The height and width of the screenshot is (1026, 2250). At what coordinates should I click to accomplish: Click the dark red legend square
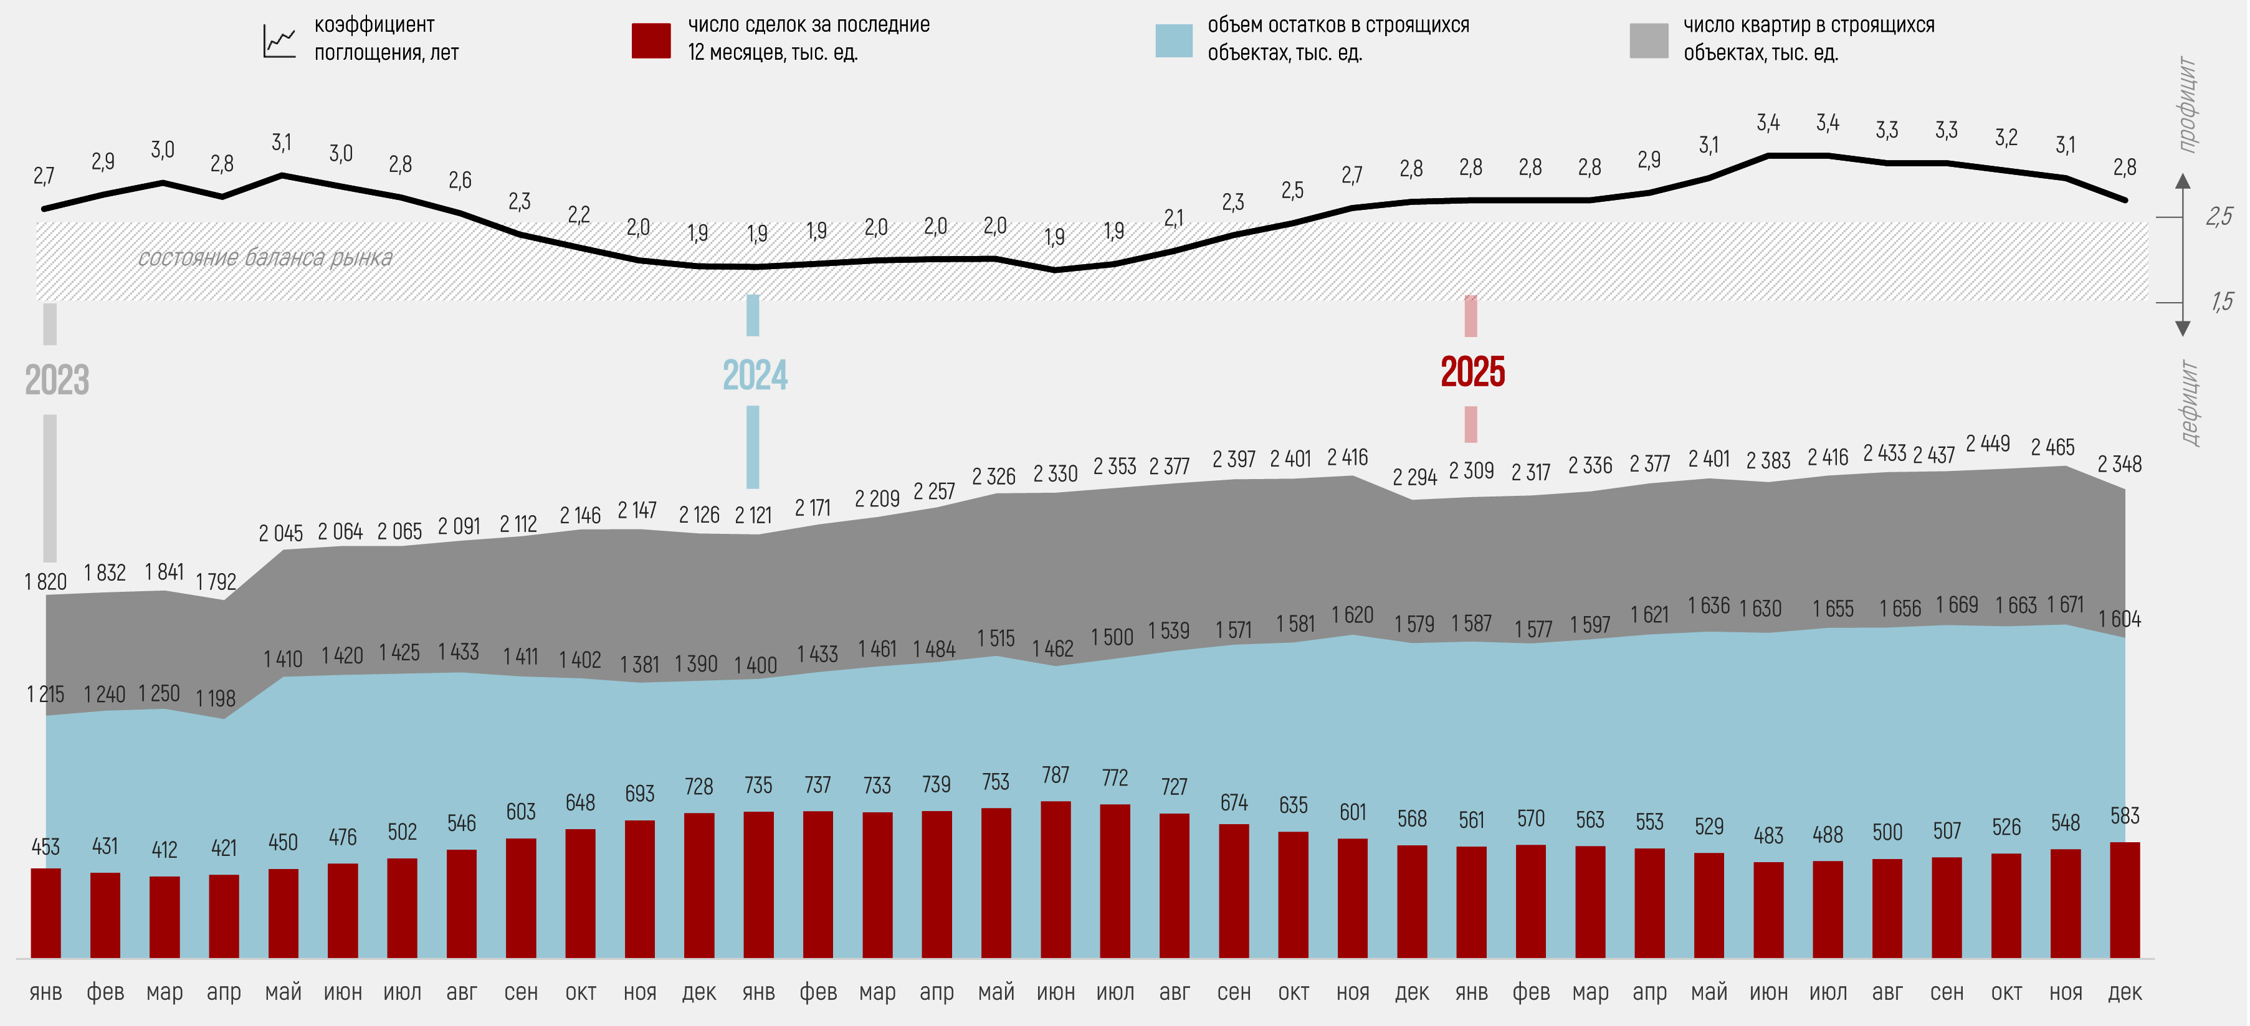point(651,40)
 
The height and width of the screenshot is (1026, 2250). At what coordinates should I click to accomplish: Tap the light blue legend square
point(1173,40)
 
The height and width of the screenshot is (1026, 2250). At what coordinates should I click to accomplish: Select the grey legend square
point(1648,40)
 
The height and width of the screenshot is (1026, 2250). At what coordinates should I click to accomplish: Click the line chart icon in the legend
point(280,41)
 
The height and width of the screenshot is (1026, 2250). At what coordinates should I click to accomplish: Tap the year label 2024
point(755,376)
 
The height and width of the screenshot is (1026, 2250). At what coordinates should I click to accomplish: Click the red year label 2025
point(1472,372)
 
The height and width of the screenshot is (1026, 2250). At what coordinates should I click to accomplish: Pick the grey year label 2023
point(57,380)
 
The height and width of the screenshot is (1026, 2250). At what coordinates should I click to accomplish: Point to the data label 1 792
point(216,582)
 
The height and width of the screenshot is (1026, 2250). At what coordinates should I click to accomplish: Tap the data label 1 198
point(216,698)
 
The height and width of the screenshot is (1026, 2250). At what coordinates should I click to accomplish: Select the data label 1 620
point(1352,615)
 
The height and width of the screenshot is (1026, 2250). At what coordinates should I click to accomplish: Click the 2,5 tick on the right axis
point(2219,217)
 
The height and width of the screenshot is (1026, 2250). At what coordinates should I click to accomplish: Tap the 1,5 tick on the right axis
point(2221,302)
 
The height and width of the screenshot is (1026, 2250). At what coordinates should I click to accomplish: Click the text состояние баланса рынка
point(265,259)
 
